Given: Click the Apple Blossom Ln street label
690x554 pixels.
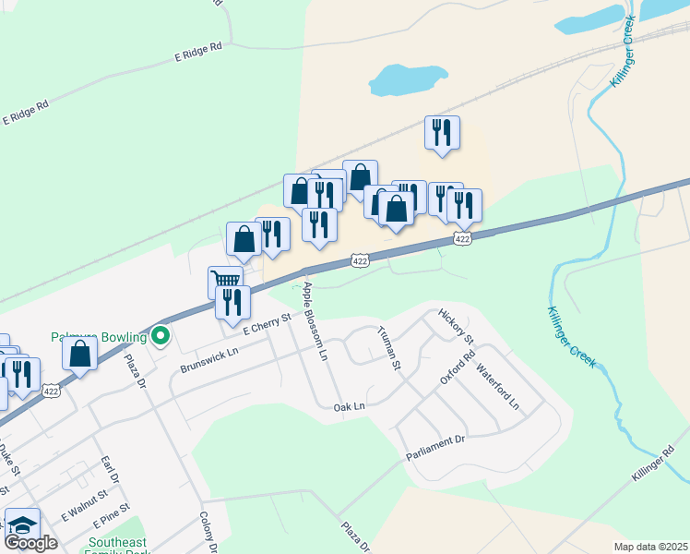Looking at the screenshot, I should [x=313, y=321].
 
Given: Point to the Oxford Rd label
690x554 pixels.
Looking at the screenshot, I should [x=457, y=367].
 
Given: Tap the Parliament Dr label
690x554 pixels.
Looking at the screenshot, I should [x=436, y=450].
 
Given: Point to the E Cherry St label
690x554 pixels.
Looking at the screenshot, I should [x=267, y=323].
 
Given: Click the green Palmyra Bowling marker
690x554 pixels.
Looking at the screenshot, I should [x=161, y=336].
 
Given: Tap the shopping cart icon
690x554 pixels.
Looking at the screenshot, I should [x=224, y=280].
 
